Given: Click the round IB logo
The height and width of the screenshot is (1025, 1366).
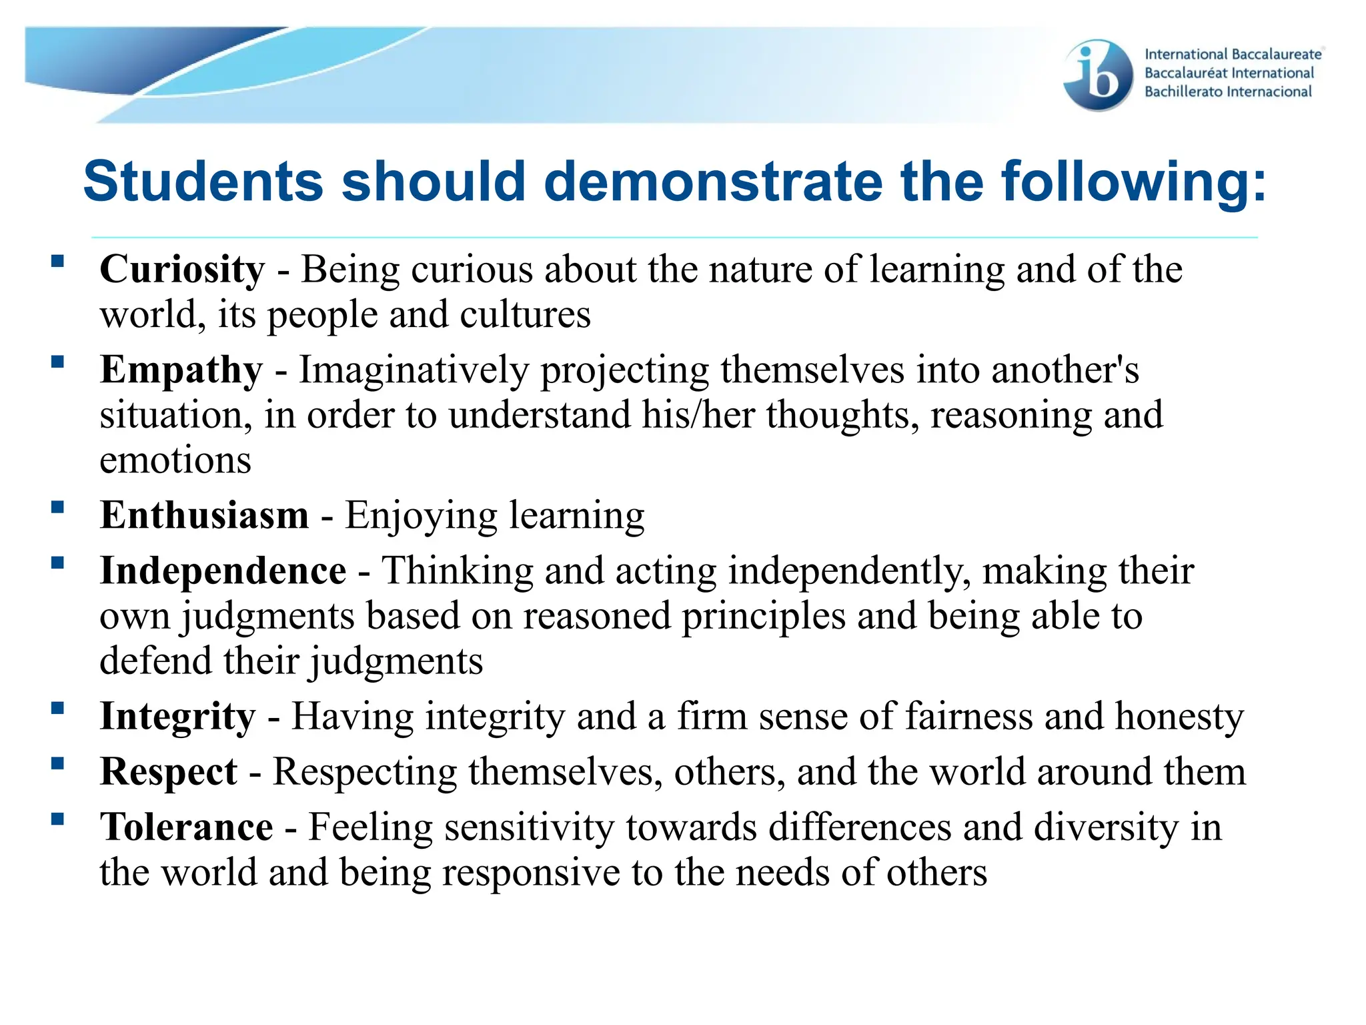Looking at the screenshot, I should (x=1099, y=75).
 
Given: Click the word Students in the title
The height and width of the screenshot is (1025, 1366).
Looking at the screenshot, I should (x=203, y=182).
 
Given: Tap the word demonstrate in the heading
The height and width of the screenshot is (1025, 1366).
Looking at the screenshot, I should (x=713, y=182).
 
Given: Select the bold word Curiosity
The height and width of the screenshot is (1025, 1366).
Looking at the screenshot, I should (x=182, y=270).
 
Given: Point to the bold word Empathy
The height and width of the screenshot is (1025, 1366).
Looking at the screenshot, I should (x=181, y=371).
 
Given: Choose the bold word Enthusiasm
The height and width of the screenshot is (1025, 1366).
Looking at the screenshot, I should (x=204, y=516).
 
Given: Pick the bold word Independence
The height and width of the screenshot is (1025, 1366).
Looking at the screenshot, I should (x=223, y=572).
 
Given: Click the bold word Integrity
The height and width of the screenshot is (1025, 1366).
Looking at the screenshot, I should (x=177, y=717).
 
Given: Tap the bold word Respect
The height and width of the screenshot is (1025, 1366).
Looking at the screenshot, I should (x=168, y=773).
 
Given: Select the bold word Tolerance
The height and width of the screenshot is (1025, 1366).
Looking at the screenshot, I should (x=186, y=828).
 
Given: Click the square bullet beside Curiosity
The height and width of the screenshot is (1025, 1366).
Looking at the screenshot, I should (x=58, y=261).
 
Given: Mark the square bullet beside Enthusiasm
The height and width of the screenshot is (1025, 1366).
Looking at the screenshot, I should (x=58, y=507).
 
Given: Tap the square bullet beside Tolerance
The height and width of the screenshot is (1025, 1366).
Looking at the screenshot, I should (x=58, y=819).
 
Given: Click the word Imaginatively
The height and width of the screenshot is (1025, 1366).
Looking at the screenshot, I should (x=414, y=371).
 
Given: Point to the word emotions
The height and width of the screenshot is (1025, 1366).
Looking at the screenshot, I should (x=175, y=460).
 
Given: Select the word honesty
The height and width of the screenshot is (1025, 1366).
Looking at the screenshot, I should (x=1179, y=717).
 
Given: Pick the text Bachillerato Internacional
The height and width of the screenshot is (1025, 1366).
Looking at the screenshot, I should (x=1228, y=92).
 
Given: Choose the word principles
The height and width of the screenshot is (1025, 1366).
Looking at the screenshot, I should (x=763, y=617).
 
